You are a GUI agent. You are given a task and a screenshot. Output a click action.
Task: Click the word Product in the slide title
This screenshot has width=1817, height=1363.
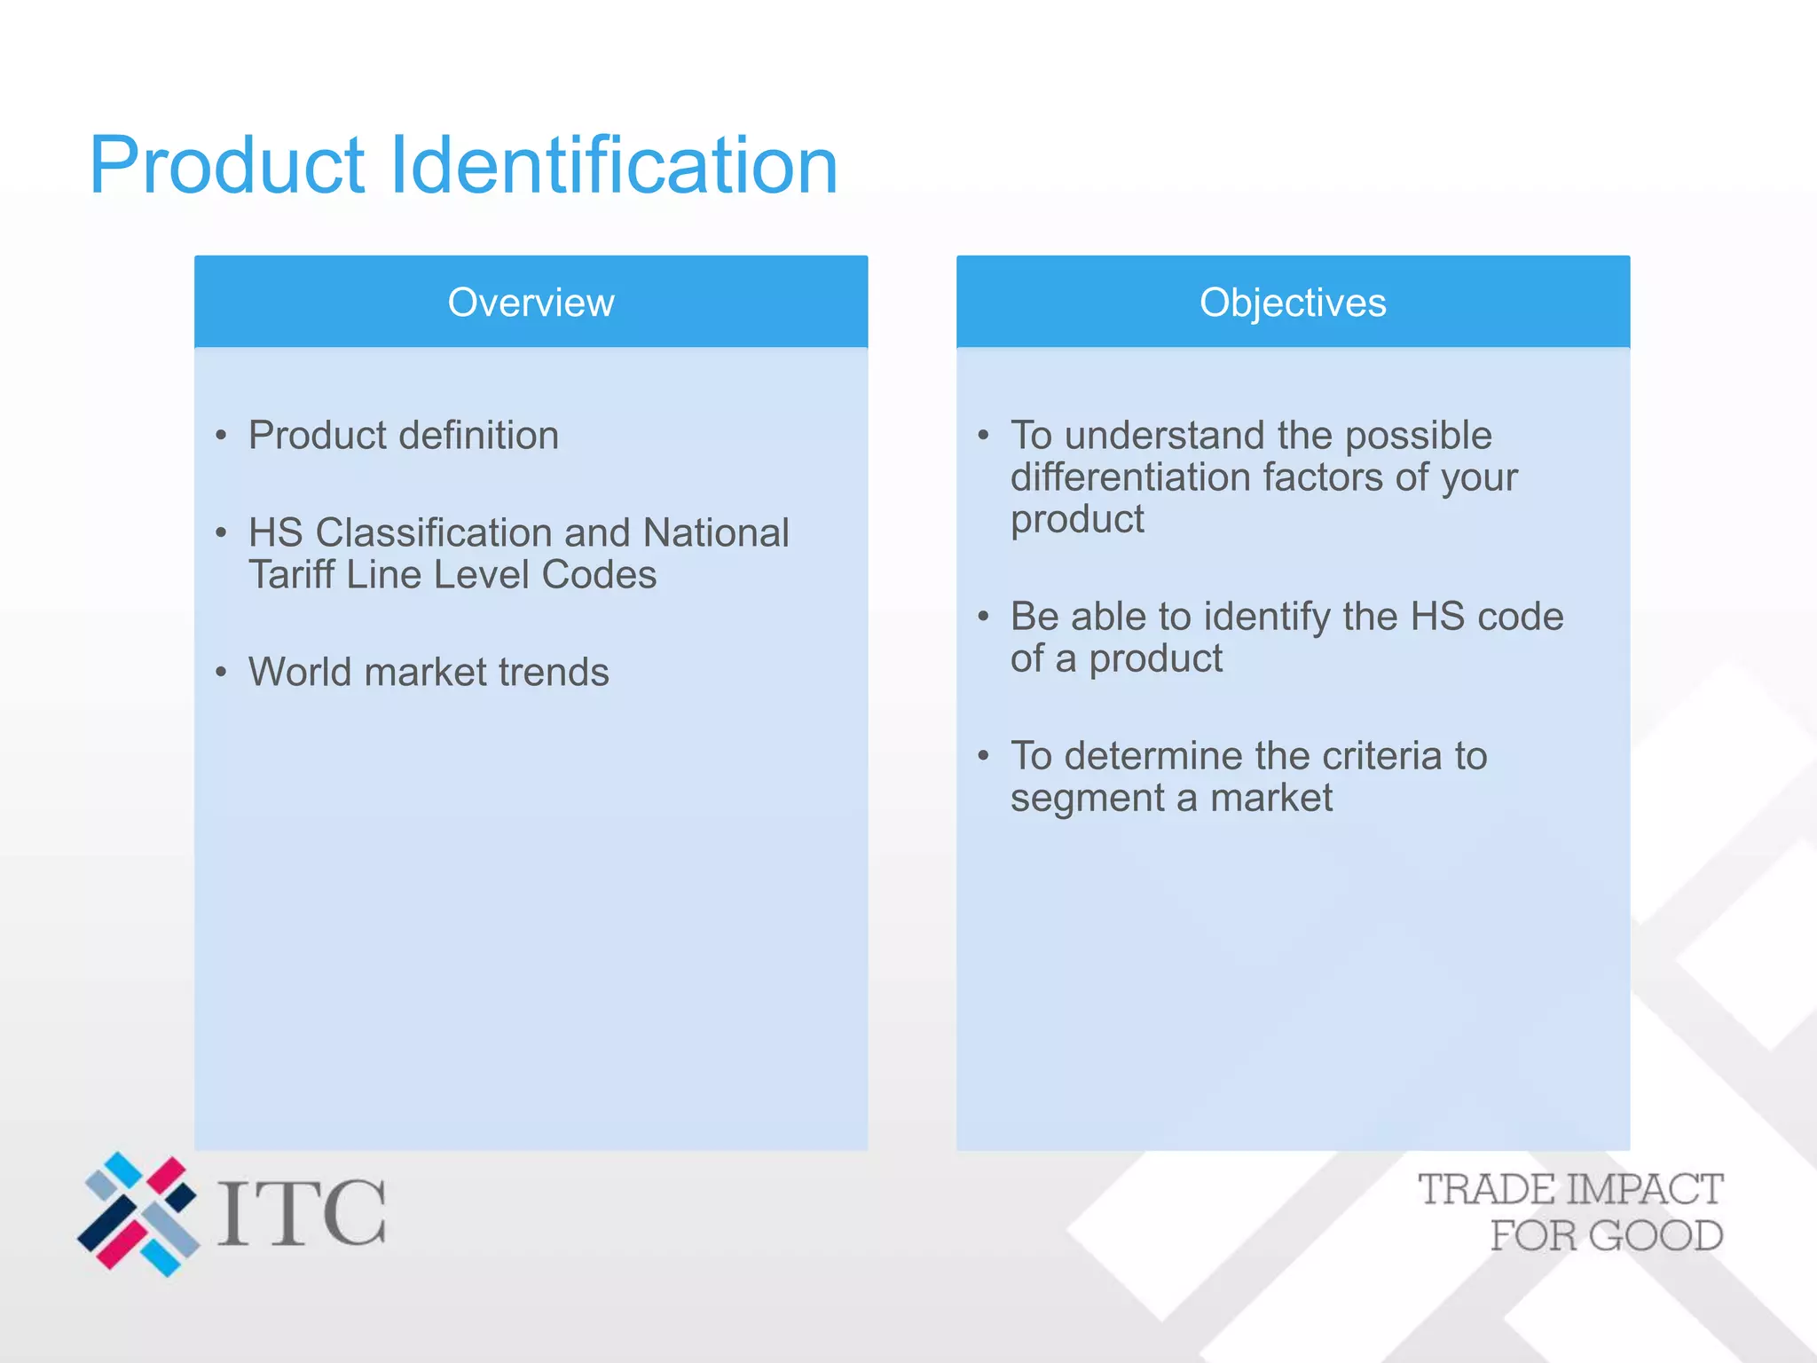pos(227,166)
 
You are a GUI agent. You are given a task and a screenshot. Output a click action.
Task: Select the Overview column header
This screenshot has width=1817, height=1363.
pos(531,303)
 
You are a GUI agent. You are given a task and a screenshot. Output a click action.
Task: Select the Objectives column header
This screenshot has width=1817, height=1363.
pos(1292,303)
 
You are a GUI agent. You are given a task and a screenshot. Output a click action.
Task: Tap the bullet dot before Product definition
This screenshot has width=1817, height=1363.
pos(221,436)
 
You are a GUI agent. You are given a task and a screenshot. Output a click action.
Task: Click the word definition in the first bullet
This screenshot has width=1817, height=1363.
pos(479,436)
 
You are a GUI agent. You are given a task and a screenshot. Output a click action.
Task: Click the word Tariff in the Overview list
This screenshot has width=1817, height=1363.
pos(291,575)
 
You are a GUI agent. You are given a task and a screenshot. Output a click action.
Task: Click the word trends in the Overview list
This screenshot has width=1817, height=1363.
pos(554,673)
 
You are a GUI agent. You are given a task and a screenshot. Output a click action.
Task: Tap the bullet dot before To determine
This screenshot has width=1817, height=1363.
pos(983,756)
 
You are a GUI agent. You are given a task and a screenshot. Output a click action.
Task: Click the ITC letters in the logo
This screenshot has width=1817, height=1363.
pos(302,1213)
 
